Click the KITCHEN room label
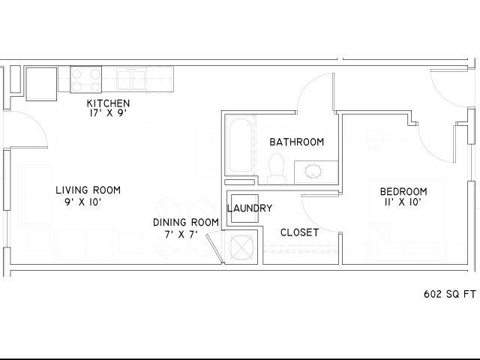point(108,103)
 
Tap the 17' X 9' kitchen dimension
point(108,113)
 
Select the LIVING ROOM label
point(88,190)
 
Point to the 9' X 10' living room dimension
point(83,202)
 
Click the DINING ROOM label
point(186,222)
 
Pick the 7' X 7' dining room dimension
point(181,235)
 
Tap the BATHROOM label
point(297,142)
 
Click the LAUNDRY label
point(250,208)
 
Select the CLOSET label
point(299,232)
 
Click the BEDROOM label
point(403,192)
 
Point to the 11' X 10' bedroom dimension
point(403,202)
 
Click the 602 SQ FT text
point(450,294)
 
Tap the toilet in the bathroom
point(277,168)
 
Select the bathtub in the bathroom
point(241,146)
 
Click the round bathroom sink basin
point(313,172)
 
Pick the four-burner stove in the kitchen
point(86,79)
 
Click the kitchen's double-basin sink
point(131,79)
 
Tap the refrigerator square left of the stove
point(41,84)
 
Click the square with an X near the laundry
point(241,247)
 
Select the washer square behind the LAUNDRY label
point(244,208)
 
